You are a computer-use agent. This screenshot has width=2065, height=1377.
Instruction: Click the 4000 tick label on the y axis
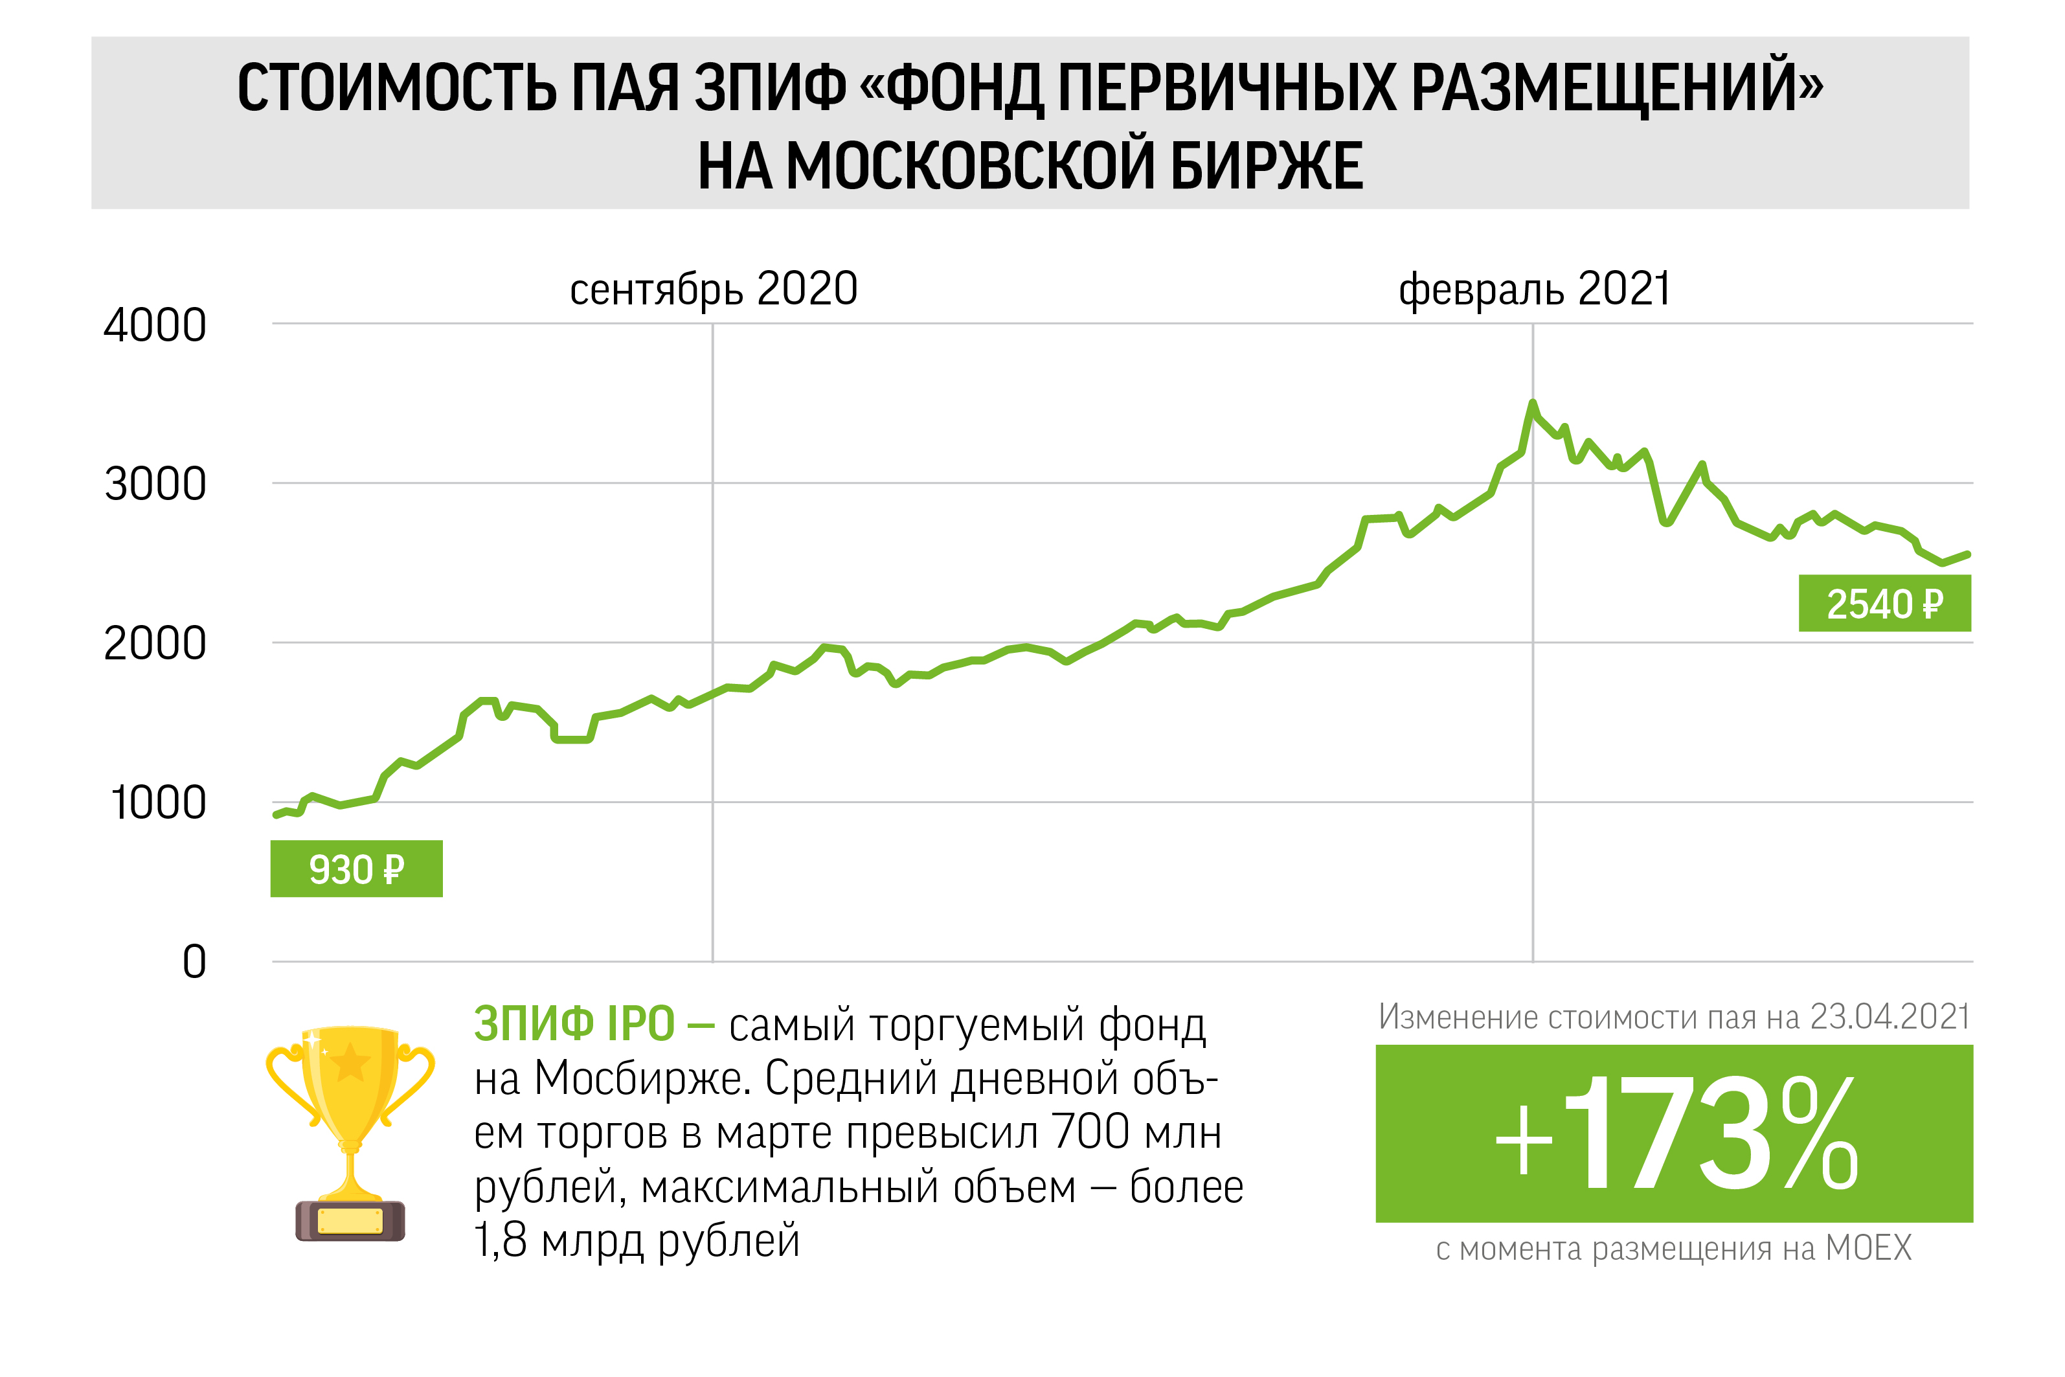(155, 326)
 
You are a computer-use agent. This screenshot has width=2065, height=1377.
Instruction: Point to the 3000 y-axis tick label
(155, 484)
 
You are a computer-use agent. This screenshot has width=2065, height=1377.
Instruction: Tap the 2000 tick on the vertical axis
(155, 644)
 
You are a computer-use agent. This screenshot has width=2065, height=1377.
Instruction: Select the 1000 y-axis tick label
(158, 804)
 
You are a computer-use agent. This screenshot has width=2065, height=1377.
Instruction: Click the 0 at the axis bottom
(194, 962)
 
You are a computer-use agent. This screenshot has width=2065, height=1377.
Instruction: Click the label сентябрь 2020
(713, 289)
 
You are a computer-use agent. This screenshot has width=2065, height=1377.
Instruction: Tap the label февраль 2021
(1534, 289)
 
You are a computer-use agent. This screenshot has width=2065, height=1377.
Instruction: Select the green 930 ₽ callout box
(355, 869)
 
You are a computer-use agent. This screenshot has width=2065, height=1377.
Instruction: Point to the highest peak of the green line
(1533, 403)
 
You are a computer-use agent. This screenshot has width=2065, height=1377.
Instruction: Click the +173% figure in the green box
(1675, 1135)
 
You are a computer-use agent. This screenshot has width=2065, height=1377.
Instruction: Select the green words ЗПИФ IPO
(574, 1025)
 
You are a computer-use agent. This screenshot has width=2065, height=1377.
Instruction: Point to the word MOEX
(1868, 1248)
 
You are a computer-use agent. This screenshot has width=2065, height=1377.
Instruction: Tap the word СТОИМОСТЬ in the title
(397, 89)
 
